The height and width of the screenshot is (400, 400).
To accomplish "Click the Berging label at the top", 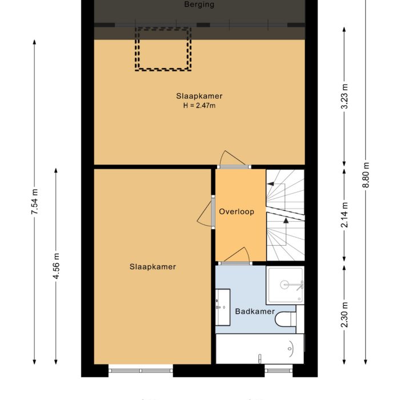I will [199, 5].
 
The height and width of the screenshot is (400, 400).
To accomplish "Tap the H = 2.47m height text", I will [199, 105].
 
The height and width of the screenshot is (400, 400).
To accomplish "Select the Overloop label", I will [236, 211].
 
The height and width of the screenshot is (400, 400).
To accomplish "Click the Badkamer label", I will [255, 311].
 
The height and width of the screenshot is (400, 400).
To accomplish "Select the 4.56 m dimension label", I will [55, 267].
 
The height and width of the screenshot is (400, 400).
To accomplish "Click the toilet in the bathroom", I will [285, 318].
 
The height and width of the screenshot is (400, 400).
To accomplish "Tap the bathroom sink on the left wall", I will [222, 307].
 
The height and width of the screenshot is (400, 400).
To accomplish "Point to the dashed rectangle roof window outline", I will [162, 49].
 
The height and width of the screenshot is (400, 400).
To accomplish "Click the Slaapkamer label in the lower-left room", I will [153, 267].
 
